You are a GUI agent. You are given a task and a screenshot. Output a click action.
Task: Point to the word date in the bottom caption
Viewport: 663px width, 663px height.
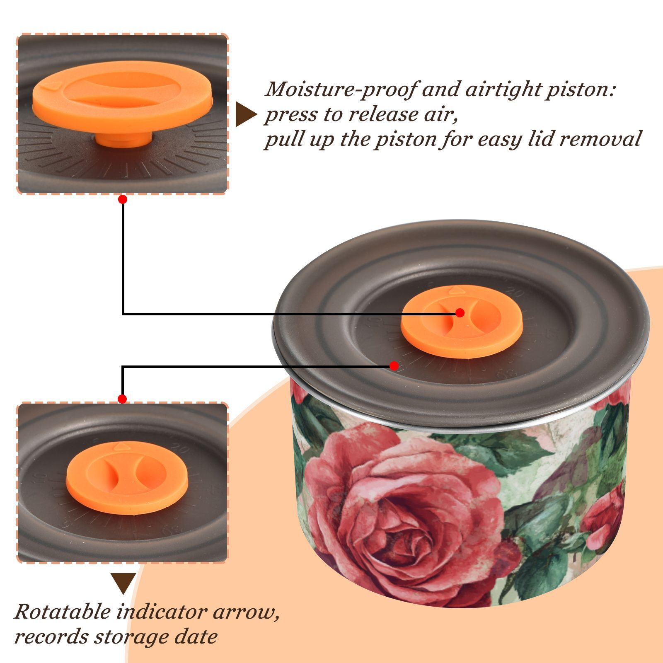[196, 636]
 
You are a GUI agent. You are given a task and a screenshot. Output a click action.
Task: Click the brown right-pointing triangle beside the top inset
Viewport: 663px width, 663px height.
[246, 114]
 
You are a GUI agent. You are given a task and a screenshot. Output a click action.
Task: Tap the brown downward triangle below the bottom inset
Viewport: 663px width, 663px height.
[123, 583]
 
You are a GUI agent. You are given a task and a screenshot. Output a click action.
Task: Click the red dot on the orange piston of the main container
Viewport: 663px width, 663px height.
[460, 313]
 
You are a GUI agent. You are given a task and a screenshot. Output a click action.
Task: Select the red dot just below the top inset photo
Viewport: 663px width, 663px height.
[122, 199]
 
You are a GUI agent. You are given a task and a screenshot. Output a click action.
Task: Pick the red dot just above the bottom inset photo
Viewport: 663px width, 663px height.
[122, 399]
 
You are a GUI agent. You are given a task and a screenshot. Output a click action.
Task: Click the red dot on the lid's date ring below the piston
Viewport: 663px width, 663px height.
[394, 366]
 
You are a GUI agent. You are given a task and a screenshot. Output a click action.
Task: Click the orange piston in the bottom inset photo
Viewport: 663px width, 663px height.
[127, 478]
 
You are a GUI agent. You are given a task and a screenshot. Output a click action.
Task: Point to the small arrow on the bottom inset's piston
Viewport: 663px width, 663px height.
[122, 447]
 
